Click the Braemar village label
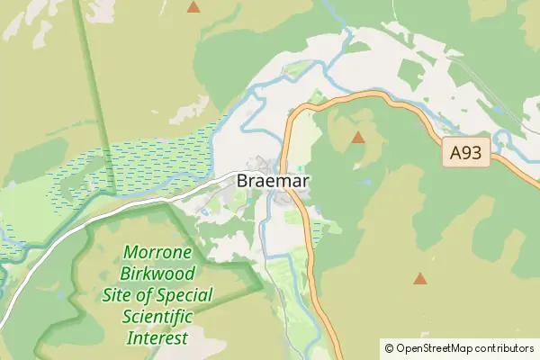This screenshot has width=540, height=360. (274, 181)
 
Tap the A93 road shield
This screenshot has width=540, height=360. (466, 154)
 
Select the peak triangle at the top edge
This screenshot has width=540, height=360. (193, 7)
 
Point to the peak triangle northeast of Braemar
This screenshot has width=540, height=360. (358, 138)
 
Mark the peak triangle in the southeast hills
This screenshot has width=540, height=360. (420, 279)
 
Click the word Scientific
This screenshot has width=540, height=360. (157, 317)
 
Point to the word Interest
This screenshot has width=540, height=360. (157, 338)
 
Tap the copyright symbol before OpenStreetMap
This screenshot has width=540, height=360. (389, 347)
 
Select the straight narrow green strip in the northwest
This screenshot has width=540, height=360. (94, 90)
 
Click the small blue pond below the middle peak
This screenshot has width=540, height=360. (366, 182)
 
